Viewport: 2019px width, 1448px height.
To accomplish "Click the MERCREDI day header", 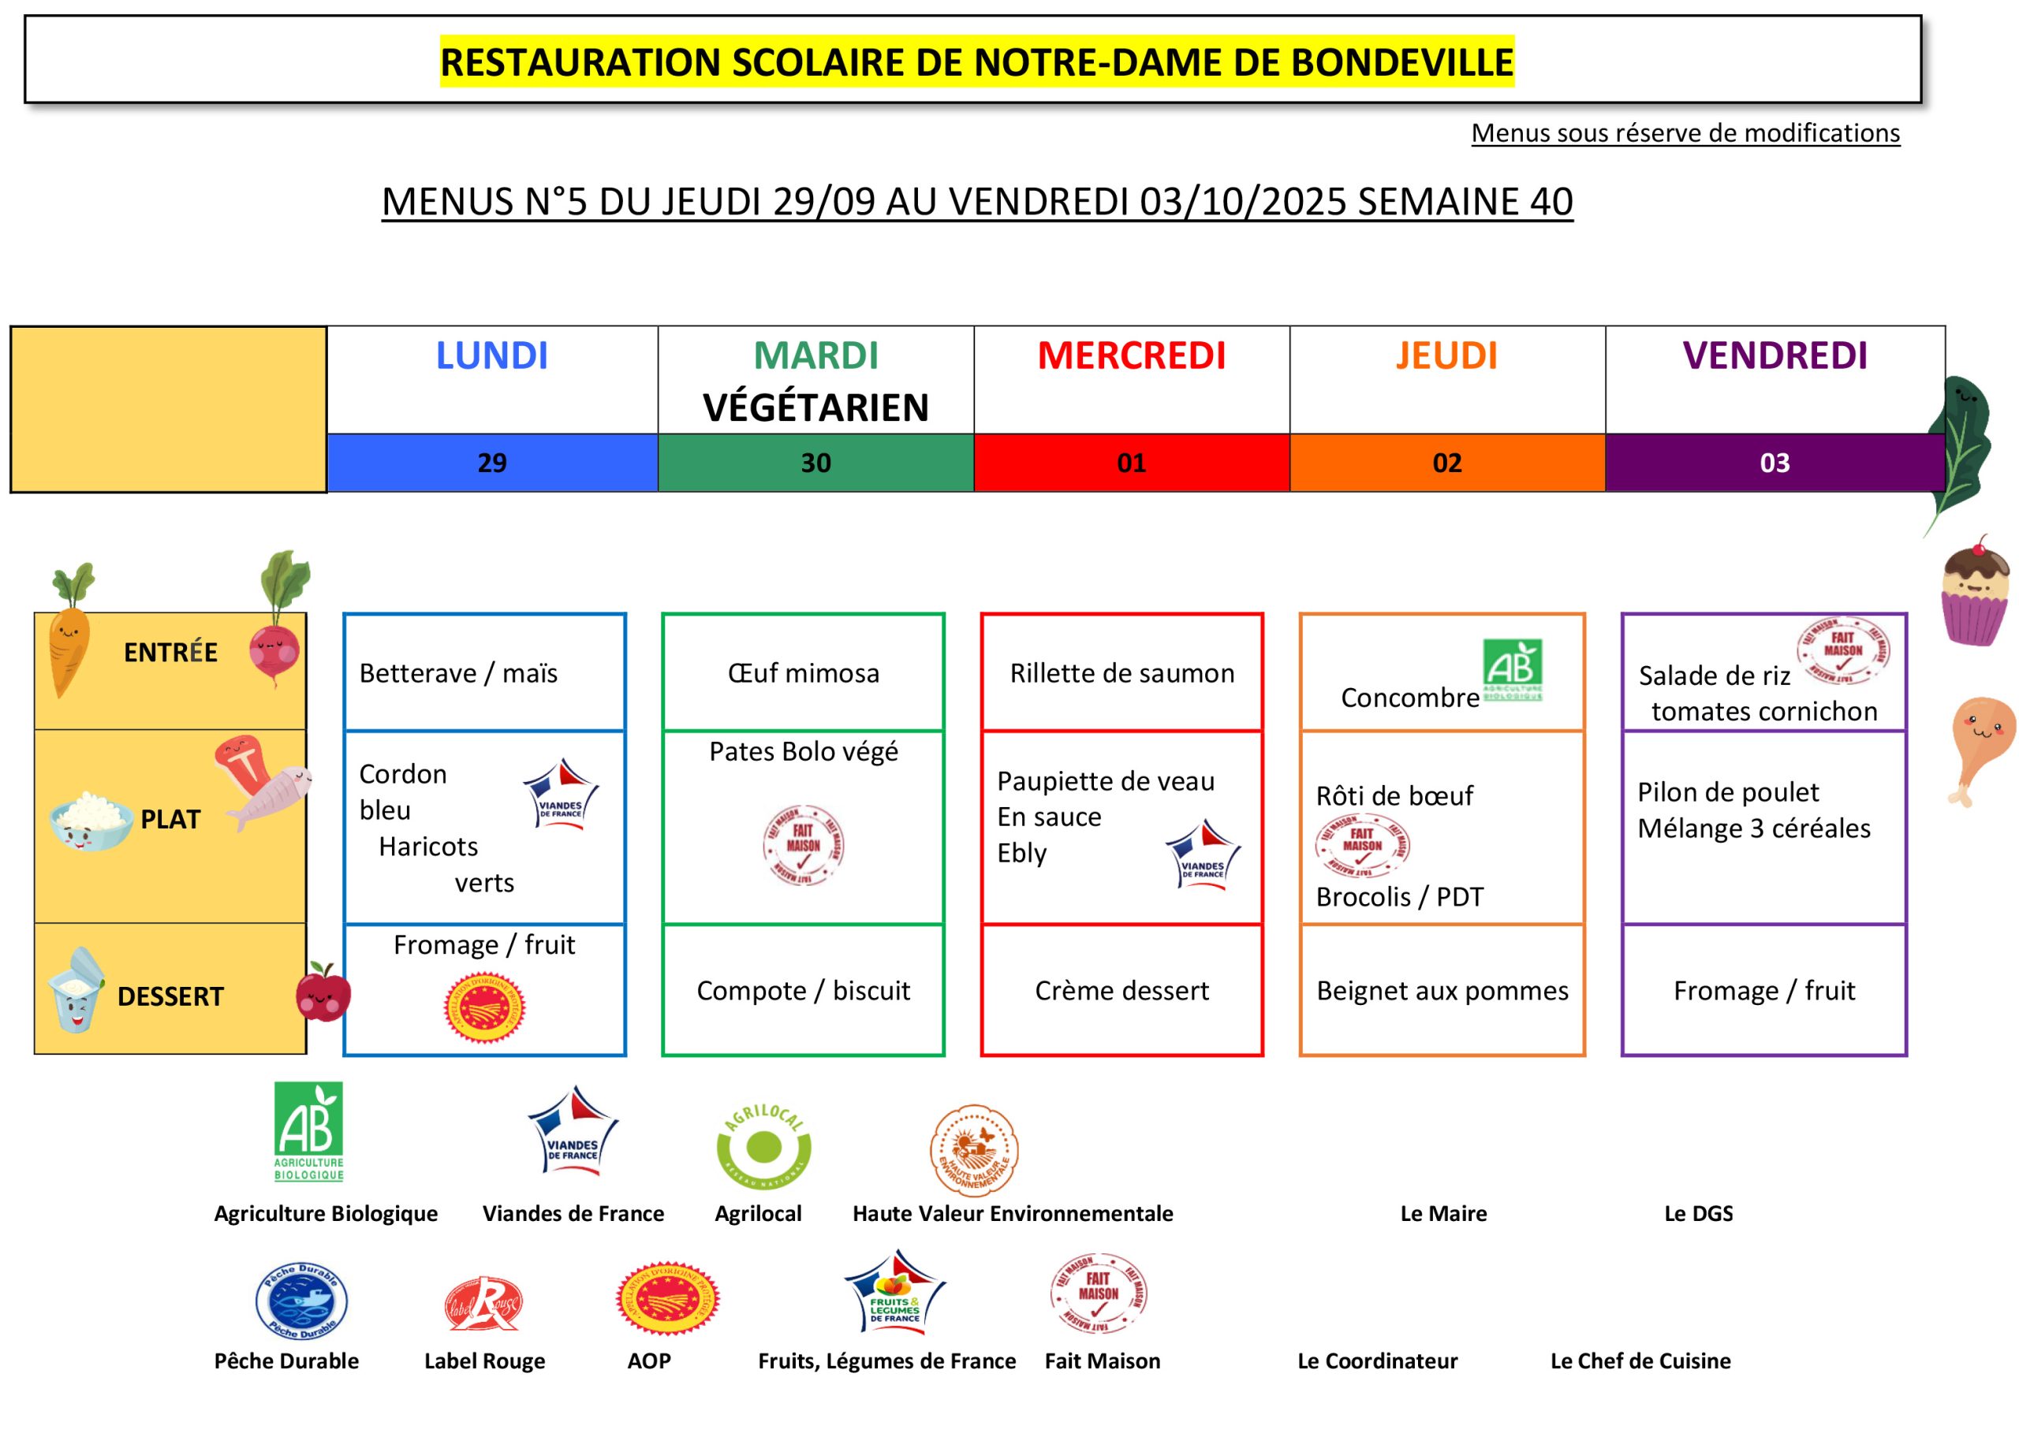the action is coord(1132,356).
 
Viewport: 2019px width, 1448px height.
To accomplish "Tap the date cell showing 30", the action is coord(815,463).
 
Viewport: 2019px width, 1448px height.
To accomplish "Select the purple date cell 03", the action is coord(1775,463).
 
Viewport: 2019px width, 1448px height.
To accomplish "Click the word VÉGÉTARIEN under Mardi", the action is coord(815,408).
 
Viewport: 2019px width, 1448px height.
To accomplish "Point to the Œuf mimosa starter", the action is coord(803,673).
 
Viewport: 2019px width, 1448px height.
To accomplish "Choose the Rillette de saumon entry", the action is coord(1121,673).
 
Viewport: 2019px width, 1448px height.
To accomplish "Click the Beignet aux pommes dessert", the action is coord(1442,991).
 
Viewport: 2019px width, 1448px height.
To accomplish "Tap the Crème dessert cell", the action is coord(1121,991).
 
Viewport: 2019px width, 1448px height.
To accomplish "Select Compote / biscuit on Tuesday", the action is coord(803,991).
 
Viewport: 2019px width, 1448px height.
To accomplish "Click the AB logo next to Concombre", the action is coord(1513,669).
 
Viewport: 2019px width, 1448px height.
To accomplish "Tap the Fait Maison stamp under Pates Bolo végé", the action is coord(803,843).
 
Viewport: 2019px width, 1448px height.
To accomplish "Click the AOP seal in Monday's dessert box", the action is coord(484,1008).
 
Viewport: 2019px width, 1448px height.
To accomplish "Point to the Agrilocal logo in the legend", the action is coord(763,1146).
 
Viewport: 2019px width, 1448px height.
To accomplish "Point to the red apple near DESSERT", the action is coord(323,992).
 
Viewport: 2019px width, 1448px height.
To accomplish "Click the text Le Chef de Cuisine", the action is coord(1640,1361).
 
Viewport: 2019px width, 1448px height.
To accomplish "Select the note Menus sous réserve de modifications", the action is coord(1685,133).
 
